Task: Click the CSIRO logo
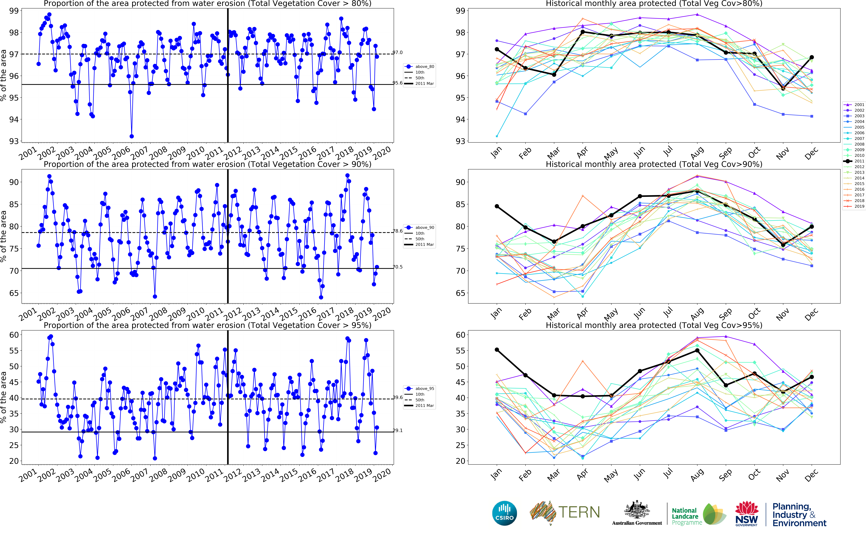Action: [504, 513]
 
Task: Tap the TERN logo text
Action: [579, 512]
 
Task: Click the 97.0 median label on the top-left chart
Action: [397, 52]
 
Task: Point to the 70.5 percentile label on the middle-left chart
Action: [397, 267]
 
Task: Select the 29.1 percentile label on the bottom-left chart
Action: [397, 430]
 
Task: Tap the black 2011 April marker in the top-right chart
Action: [583, 32]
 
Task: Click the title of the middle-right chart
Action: [654, 164]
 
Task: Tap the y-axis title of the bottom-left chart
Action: [4, 397]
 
